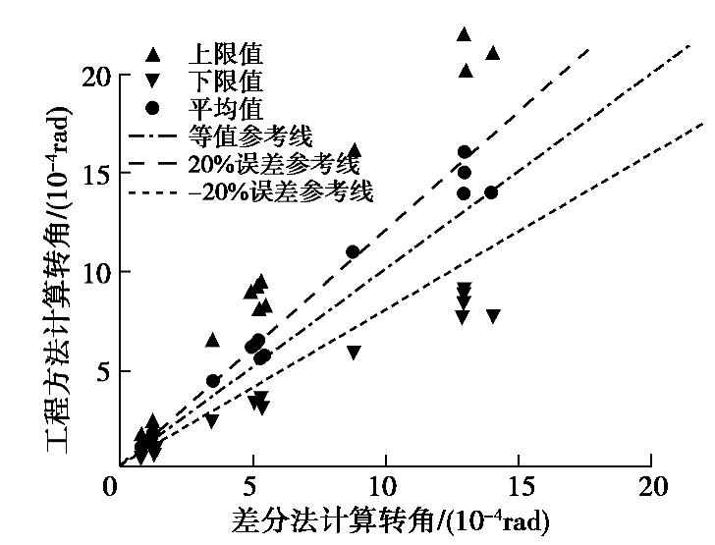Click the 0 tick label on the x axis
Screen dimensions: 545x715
pos(116,488)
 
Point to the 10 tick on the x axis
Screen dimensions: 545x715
pos(384,488)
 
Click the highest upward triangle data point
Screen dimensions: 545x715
pos(464,34)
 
